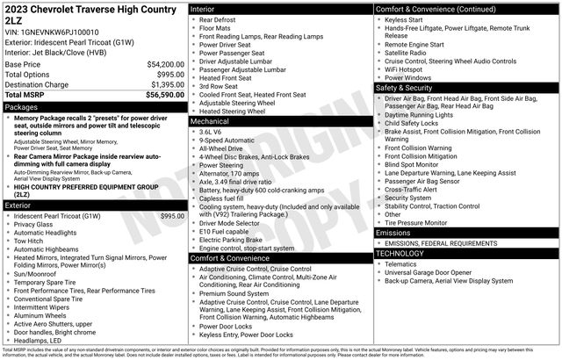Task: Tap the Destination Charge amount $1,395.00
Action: pos(163,84)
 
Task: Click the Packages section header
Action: pos(22,106)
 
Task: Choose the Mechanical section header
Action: pos(210,121)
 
